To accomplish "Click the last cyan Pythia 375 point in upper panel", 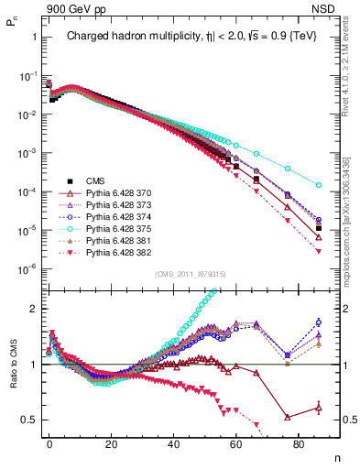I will [318, 185].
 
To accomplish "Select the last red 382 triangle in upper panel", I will [318, 251].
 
